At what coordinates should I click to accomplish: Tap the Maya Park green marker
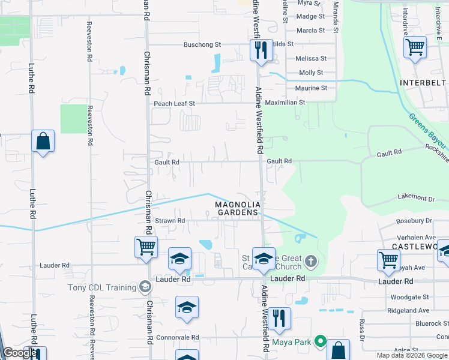321,343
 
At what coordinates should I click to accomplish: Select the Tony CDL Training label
101,287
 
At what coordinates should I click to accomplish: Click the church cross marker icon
310,260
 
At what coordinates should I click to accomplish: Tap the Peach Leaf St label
175,103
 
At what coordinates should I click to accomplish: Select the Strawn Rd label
170,221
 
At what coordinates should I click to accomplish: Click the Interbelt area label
423,82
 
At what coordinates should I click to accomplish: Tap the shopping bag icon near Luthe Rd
43,142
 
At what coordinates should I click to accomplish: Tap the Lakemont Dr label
415,198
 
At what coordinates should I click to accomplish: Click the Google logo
20,353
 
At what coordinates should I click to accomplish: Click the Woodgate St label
409,297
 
